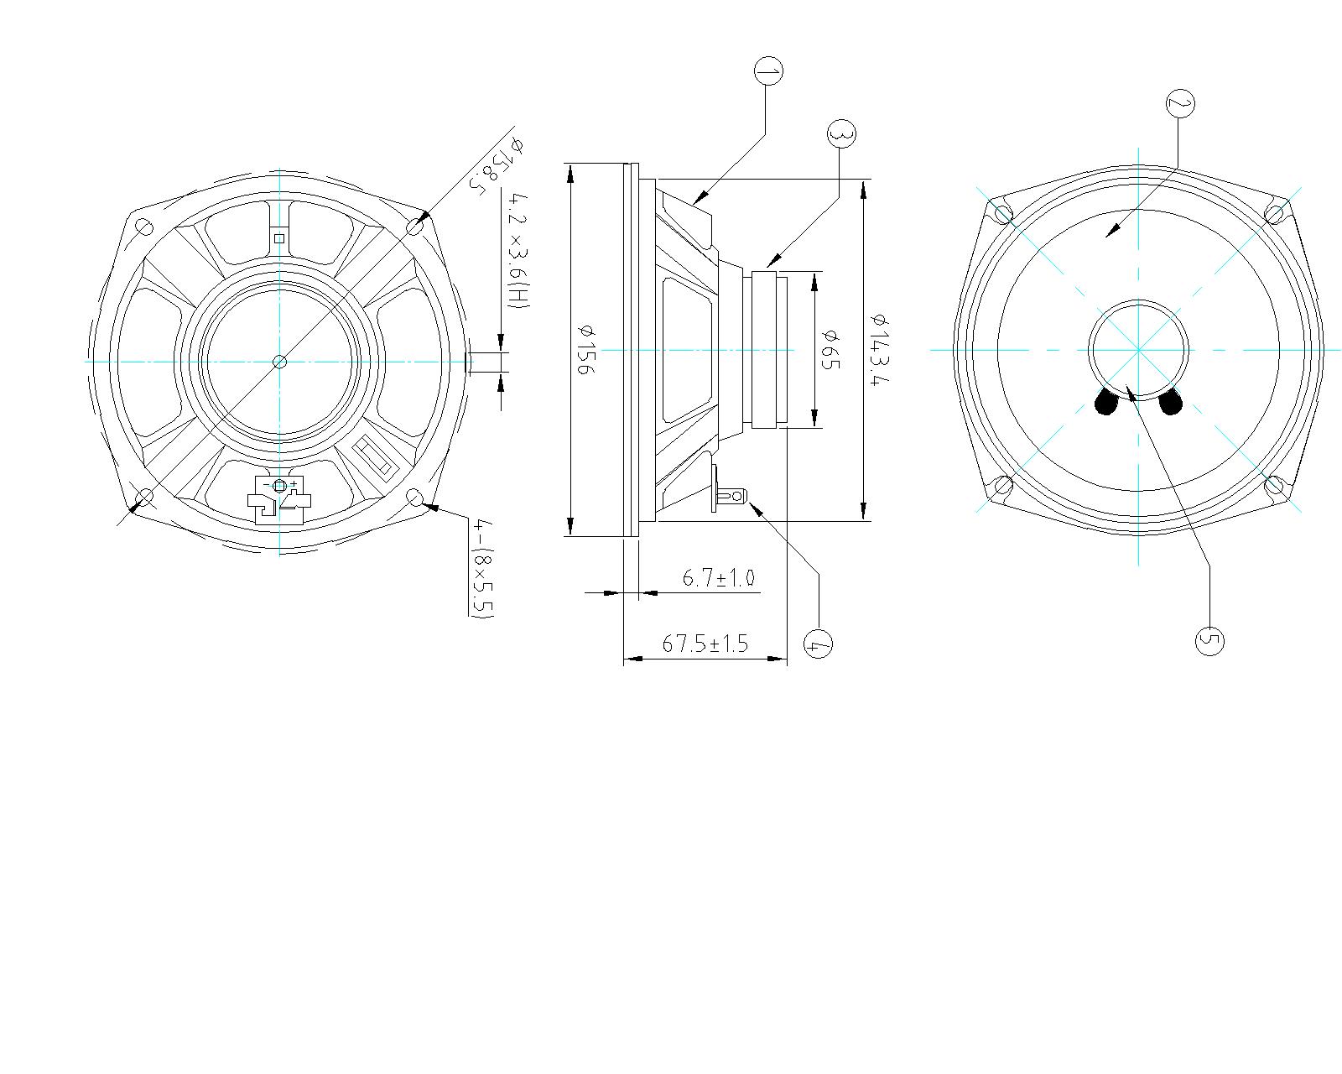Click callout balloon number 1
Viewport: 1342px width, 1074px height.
click(x=768, y=71)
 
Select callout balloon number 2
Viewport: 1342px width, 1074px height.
click(x=1179, y=104)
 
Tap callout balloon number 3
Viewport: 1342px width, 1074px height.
click(x=840, y=133)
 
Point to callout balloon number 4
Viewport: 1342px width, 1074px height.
click(x=818, y=644)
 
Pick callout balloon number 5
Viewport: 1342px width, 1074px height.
click(x=1209, y=641)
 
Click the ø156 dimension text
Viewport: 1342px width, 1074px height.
click(x=585, y=349)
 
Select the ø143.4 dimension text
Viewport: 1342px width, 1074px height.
click(x=878, y=349)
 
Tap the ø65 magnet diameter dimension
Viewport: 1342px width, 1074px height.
click(x=829, y=349)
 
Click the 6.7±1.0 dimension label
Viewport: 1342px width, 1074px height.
click(x=718, y=577)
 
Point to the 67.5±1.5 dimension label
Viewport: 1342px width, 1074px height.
click(x=705, y=644)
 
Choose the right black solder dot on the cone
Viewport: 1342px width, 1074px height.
click(x=1169, y=404)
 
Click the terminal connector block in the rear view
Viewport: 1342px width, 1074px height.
click(x=279, y=501)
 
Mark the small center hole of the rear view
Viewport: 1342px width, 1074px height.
click(x=280, y=362)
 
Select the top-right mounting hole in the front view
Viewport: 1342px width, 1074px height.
click(x=1273, y=214)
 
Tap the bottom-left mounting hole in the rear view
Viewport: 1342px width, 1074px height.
click(x=144, y=498)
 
